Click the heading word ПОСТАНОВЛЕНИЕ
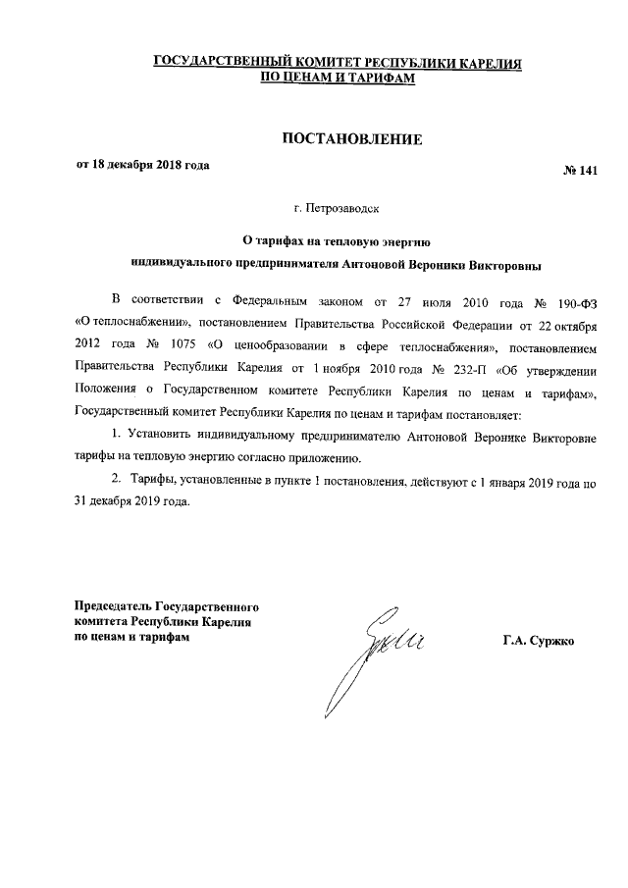point(352,139)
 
